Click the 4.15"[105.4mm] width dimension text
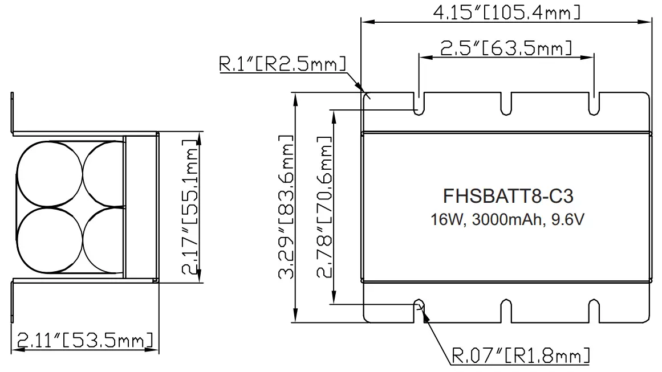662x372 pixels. (x=507, y=11)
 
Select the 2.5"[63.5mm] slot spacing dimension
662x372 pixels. (x=506, y=48)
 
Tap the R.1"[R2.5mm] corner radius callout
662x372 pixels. (x=283, y=64)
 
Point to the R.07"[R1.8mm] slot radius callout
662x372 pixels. (x=520, y=357)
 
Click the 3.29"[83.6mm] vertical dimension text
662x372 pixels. (x=286, y=208)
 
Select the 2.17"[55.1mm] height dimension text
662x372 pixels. (x=192, y=208)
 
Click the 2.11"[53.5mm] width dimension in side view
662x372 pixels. (x=84, y=340)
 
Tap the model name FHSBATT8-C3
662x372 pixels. (x=507, y=196)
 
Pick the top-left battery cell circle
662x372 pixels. (x=49, y=174)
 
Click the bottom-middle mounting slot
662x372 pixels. (x=506, y=310)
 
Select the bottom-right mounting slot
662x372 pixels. (x=594, y=310)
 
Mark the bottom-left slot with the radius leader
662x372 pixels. (x=419, y=310)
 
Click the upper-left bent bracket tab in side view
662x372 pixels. (x=12, y=113)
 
